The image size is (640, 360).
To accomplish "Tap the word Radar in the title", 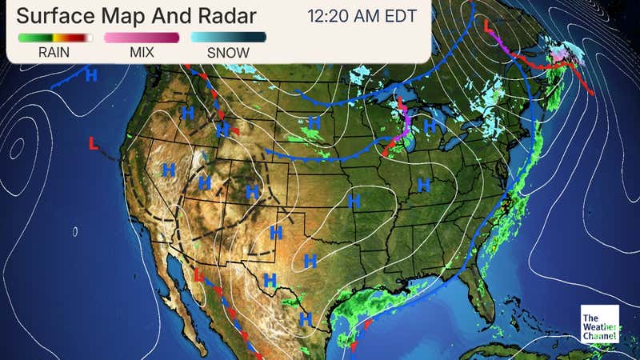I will [x=227, y=16].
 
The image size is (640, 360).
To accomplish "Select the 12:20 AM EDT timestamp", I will [x=362, y=16].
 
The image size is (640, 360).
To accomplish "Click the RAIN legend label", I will [x=54, y=53].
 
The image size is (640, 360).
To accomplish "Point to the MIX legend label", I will [x=141, y=53].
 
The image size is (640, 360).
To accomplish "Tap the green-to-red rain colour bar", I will [x=54, y=38].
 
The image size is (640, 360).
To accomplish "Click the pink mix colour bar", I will [x=141, y=38].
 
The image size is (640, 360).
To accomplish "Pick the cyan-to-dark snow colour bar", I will [x=228, y=38].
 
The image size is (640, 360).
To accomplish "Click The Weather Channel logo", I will [x=600, y=325].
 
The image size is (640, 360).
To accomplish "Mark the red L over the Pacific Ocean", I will [x=94, y=144].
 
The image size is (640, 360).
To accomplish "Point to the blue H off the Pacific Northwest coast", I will [x=91, y=75].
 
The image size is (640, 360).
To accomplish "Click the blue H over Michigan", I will [x=430, y=126].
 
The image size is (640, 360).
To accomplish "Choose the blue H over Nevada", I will [x=169, y=170].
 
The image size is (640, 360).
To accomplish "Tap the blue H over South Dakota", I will [x=314, y=123].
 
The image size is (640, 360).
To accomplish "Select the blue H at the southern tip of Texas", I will [x=305, y=319].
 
